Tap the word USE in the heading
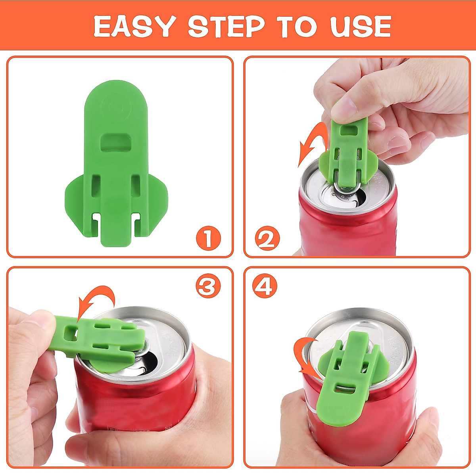pos(361,27)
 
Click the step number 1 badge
pos(208,238)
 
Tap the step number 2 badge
pos(267,239)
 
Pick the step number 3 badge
pos(208,286)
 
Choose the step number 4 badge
pos(265,286)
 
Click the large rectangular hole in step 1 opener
pos(115,142)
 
